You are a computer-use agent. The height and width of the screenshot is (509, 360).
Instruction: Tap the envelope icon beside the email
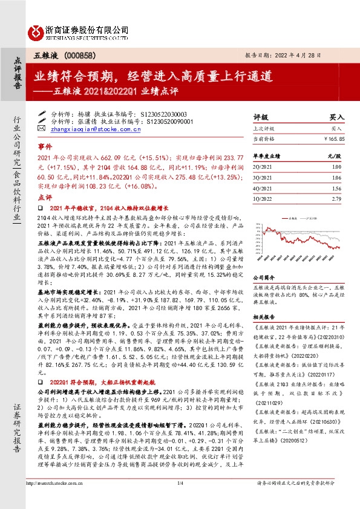41,128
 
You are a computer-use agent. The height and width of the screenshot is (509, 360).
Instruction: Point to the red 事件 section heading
45,147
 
